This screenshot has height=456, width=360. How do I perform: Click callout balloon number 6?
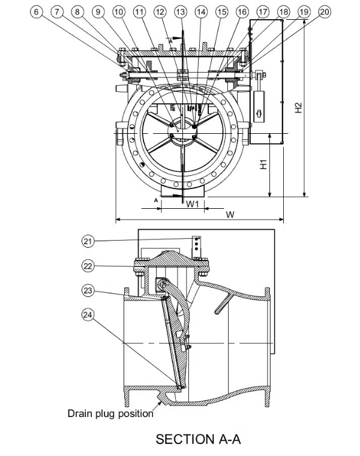37,11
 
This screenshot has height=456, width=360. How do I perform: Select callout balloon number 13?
181,11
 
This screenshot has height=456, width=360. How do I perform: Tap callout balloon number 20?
325,11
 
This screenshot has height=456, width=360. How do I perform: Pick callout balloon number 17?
263,11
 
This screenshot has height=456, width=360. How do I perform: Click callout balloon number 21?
88,241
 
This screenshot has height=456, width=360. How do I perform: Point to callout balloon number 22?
88,266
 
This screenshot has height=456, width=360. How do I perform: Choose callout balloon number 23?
88,290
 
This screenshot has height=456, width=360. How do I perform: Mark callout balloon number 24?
88,314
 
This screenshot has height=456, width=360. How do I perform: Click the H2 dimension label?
298,107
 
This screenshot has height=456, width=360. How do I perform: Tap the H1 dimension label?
263,164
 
